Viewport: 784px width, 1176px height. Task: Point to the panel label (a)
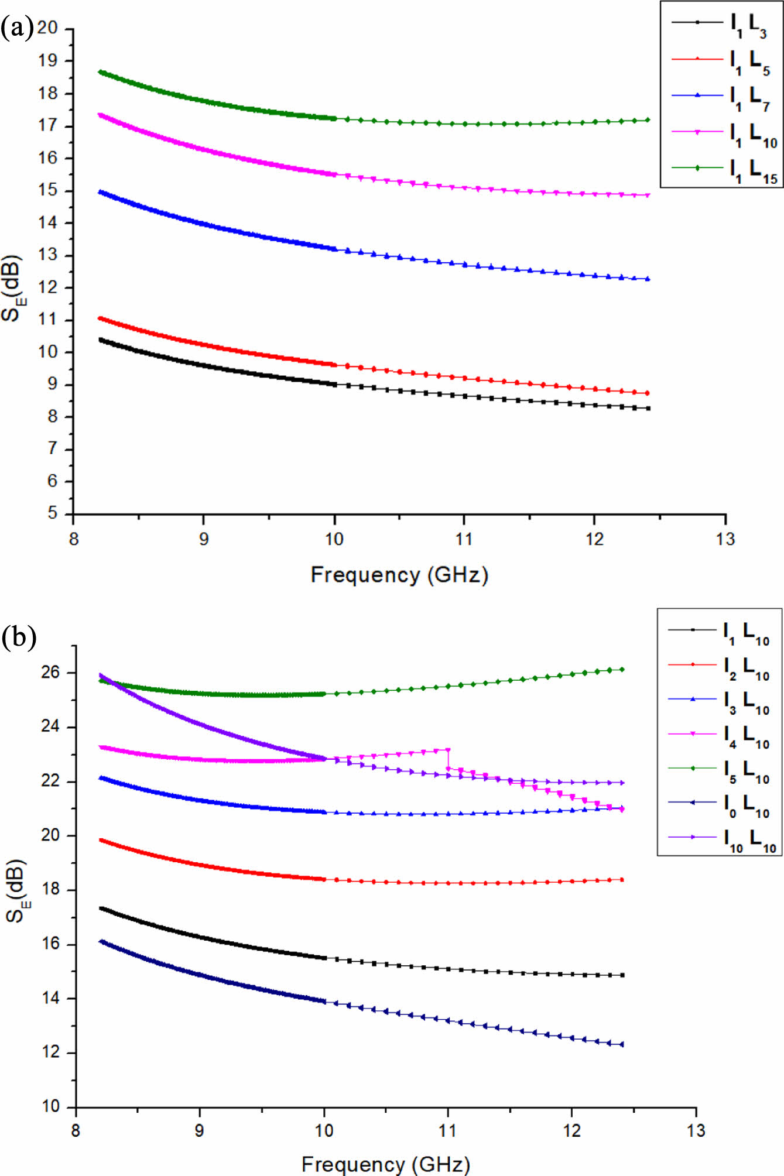(x=18, y=27)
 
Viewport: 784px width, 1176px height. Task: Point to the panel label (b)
(x=19, y=636)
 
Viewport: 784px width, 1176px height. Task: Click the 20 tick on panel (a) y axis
(x=49, y=28)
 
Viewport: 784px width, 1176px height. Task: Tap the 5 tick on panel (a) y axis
(x=53, y=513)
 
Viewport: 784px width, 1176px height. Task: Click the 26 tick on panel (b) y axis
(x=50, y=672)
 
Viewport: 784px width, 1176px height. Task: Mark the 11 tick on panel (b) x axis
(x=448, y=1130)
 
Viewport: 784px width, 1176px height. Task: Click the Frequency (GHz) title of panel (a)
(x=399, y=575)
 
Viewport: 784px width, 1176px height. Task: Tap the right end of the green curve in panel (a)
(x=648, y=120)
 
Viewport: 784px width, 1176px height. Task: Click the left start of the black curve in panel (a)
(x=101, y=340)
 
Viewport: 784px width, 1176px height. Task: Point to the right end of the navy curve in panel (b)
(x=622, y=1044)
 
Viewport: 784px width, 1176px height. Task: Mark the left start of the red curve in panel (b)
(x=101, y=840)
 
